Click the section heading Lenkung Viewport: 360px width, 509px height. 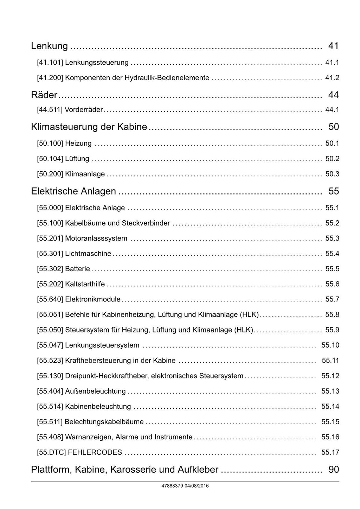(x=49, y=46)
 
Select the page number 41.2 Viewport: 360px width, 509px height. (x=332, y=78)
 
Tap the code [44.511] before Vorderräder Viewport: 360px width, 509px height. (x=50, y=110)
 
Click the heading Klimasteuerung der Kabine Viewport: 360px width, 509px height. (x=89, y=127)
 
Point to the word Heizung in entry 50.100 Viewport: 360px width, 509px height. (x=78, y=144)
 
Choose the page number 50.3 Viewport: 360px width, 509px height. (x=332, y=174)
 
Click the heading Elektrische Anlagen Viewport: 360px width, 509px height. (x=73, y=191)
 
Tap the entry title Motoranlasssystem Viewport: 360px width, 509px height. (x=96, y=238)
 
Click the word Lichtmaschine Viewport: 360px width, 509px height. (x=88, y=254)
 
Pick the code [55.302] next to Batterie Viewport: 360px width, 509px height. (x=50, y=269)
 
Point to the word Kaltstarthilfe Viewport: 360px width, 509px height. (x=85, y=284)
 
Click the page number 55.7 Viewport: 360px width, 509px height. (x=332, y=299)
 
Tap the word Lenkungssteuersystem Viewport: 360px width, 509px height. (x=102, y=345)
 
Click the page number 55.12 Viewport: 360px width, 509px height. (x=330, y=376)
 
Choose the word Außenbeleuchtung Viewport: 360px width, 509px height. (x=95, y=391)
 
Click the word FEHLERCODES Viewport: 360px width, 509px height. (x=95, y=452)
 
